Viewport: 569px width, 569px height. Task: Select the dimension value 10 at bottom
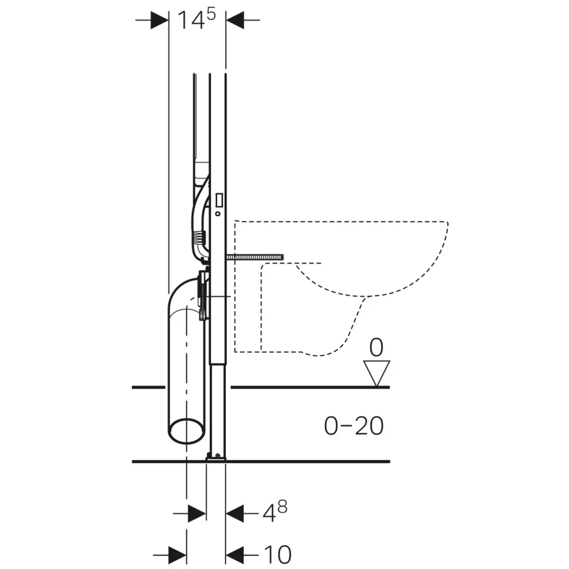277,555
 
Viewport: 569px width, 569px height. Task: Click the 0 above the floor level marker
376,348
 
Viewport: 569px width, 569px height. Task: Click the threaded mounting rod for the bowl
255,257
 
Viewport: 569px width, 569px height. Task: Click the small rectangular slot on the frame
219,200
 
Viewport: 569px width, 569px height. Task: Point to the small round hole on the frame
218,214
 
